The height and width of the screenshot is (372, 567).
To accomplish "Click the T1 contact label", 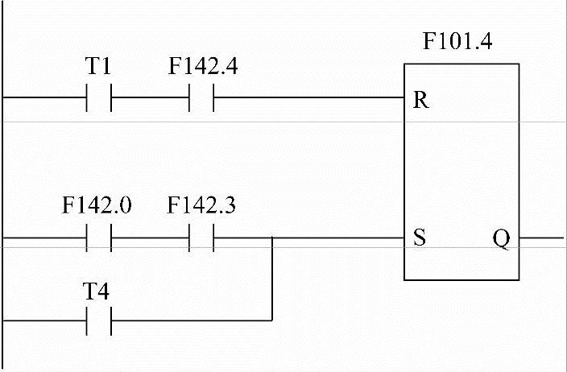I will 97,68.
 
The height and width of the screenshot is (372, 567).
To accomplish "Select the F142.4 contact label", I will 203,68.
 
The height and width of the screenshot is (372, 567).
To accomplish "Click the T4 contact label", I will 97,291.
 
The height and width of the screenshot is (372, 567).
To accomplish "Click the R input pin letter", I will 420,101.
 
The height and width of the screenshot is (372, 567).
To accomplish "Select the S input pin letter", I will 419,240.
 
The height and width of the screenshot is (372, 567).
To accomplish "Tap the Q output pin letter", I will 501,240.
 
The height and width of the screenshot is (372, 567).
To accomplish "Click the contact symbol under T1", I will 98,99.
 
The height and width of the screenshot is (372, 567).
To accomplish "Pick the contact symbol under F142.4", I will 202,99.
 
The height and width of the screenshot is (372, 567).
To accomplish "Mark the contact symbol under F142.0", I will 98,238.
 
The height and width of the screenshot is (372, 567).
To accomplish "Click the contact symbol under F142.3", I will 202,238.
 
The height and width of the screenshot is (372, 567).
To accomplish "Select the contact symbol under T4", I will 98,321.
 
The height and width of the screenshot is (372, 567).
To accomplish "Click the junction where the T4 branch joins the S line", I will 273,238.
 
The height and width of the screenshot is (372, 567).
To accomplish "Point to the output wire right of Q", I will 541,238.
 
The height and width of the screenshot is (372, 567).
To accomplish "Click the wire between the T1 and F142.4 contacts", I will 150,99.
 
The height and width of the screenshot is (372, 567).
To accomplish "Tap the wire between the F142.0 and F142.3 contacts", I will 150,238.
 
